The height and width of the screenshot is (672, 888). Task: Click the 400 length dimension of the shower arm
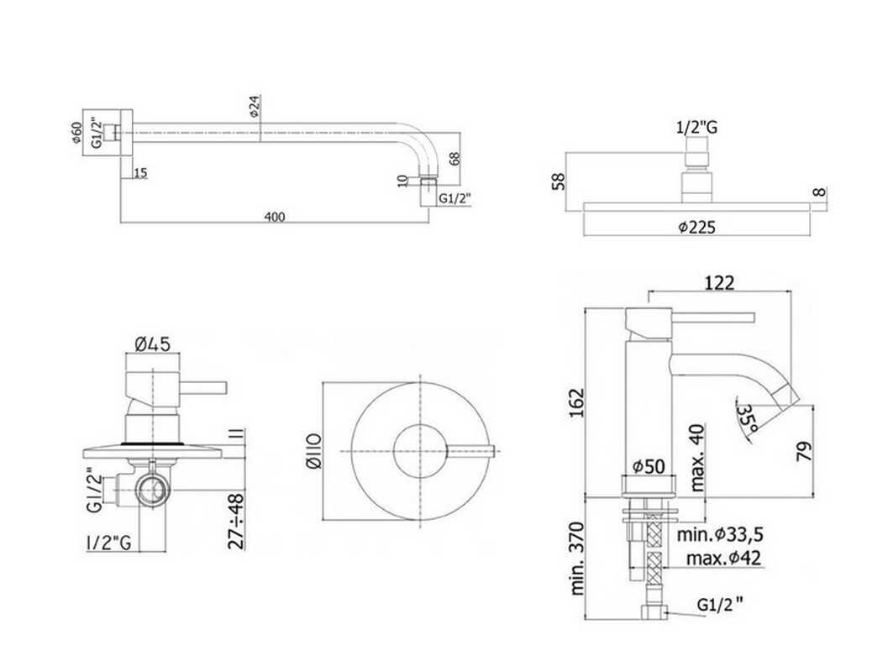274,217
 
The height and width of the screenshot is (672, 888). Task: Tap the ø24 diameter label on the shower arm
255,107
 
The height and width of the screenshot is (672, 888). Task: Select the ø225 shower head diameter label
696,228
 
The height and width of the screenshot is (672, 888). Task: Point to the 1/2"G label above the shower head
696,128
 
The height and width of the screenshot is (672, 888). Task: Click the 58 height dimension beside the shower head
559,181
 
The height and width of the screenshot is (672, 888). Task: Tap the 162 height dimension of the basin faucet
576,402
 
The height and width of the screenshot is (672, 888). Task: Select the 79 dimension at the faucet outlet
804,451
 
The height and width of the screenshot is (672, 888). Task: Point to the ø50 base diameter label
649,466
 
